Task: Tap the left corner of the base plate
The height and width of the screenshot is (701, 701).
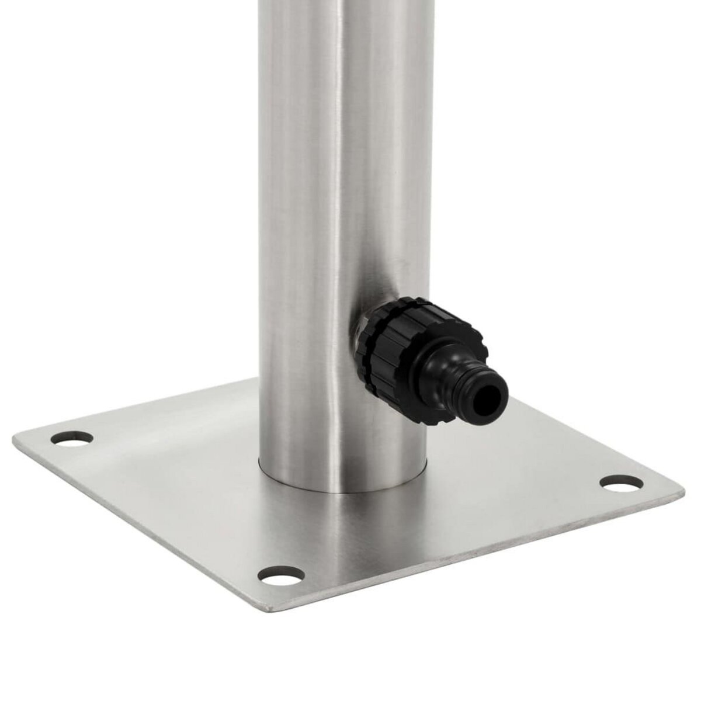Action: (16, 435)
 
